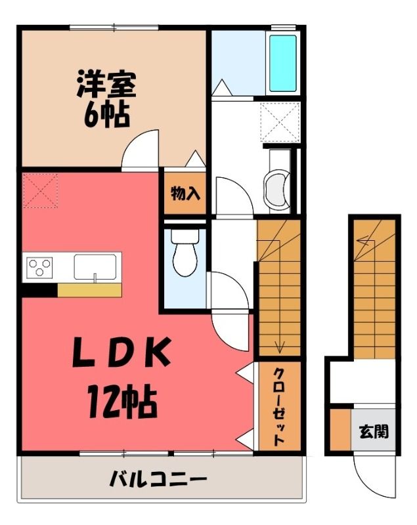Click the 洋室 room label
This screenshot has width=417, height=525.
tap(107, 84)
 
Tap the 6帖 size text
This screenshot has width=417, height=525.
tap(106, 115)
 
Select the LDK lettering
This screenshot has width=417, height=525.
tap(122, 352)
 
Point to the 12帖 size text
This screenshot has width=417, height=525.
tap(122, 401)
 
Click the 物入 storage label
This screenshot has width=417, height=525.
tap(185, 193)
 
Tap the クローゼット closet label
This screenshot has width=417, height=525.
tap(279, 406)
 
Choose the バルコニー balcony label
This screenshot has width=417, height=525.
tap(158, 479)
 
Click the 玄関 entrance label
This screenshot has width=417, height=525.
tap(374, 432)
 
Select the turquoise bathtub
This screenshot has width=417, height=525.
tap(283, 63)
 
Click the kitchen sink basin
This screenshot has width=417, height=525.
tap(95, 266)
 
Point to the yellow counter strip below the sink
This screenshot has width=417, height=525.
tap(89, 290)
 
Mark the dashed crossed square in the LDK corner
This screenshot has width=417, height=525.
tap(40, 190)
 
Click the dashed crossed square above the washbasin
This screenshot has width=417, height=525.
tap(280, 122)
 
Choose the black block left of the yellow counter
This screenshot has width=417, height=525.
tap(39, 290)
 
